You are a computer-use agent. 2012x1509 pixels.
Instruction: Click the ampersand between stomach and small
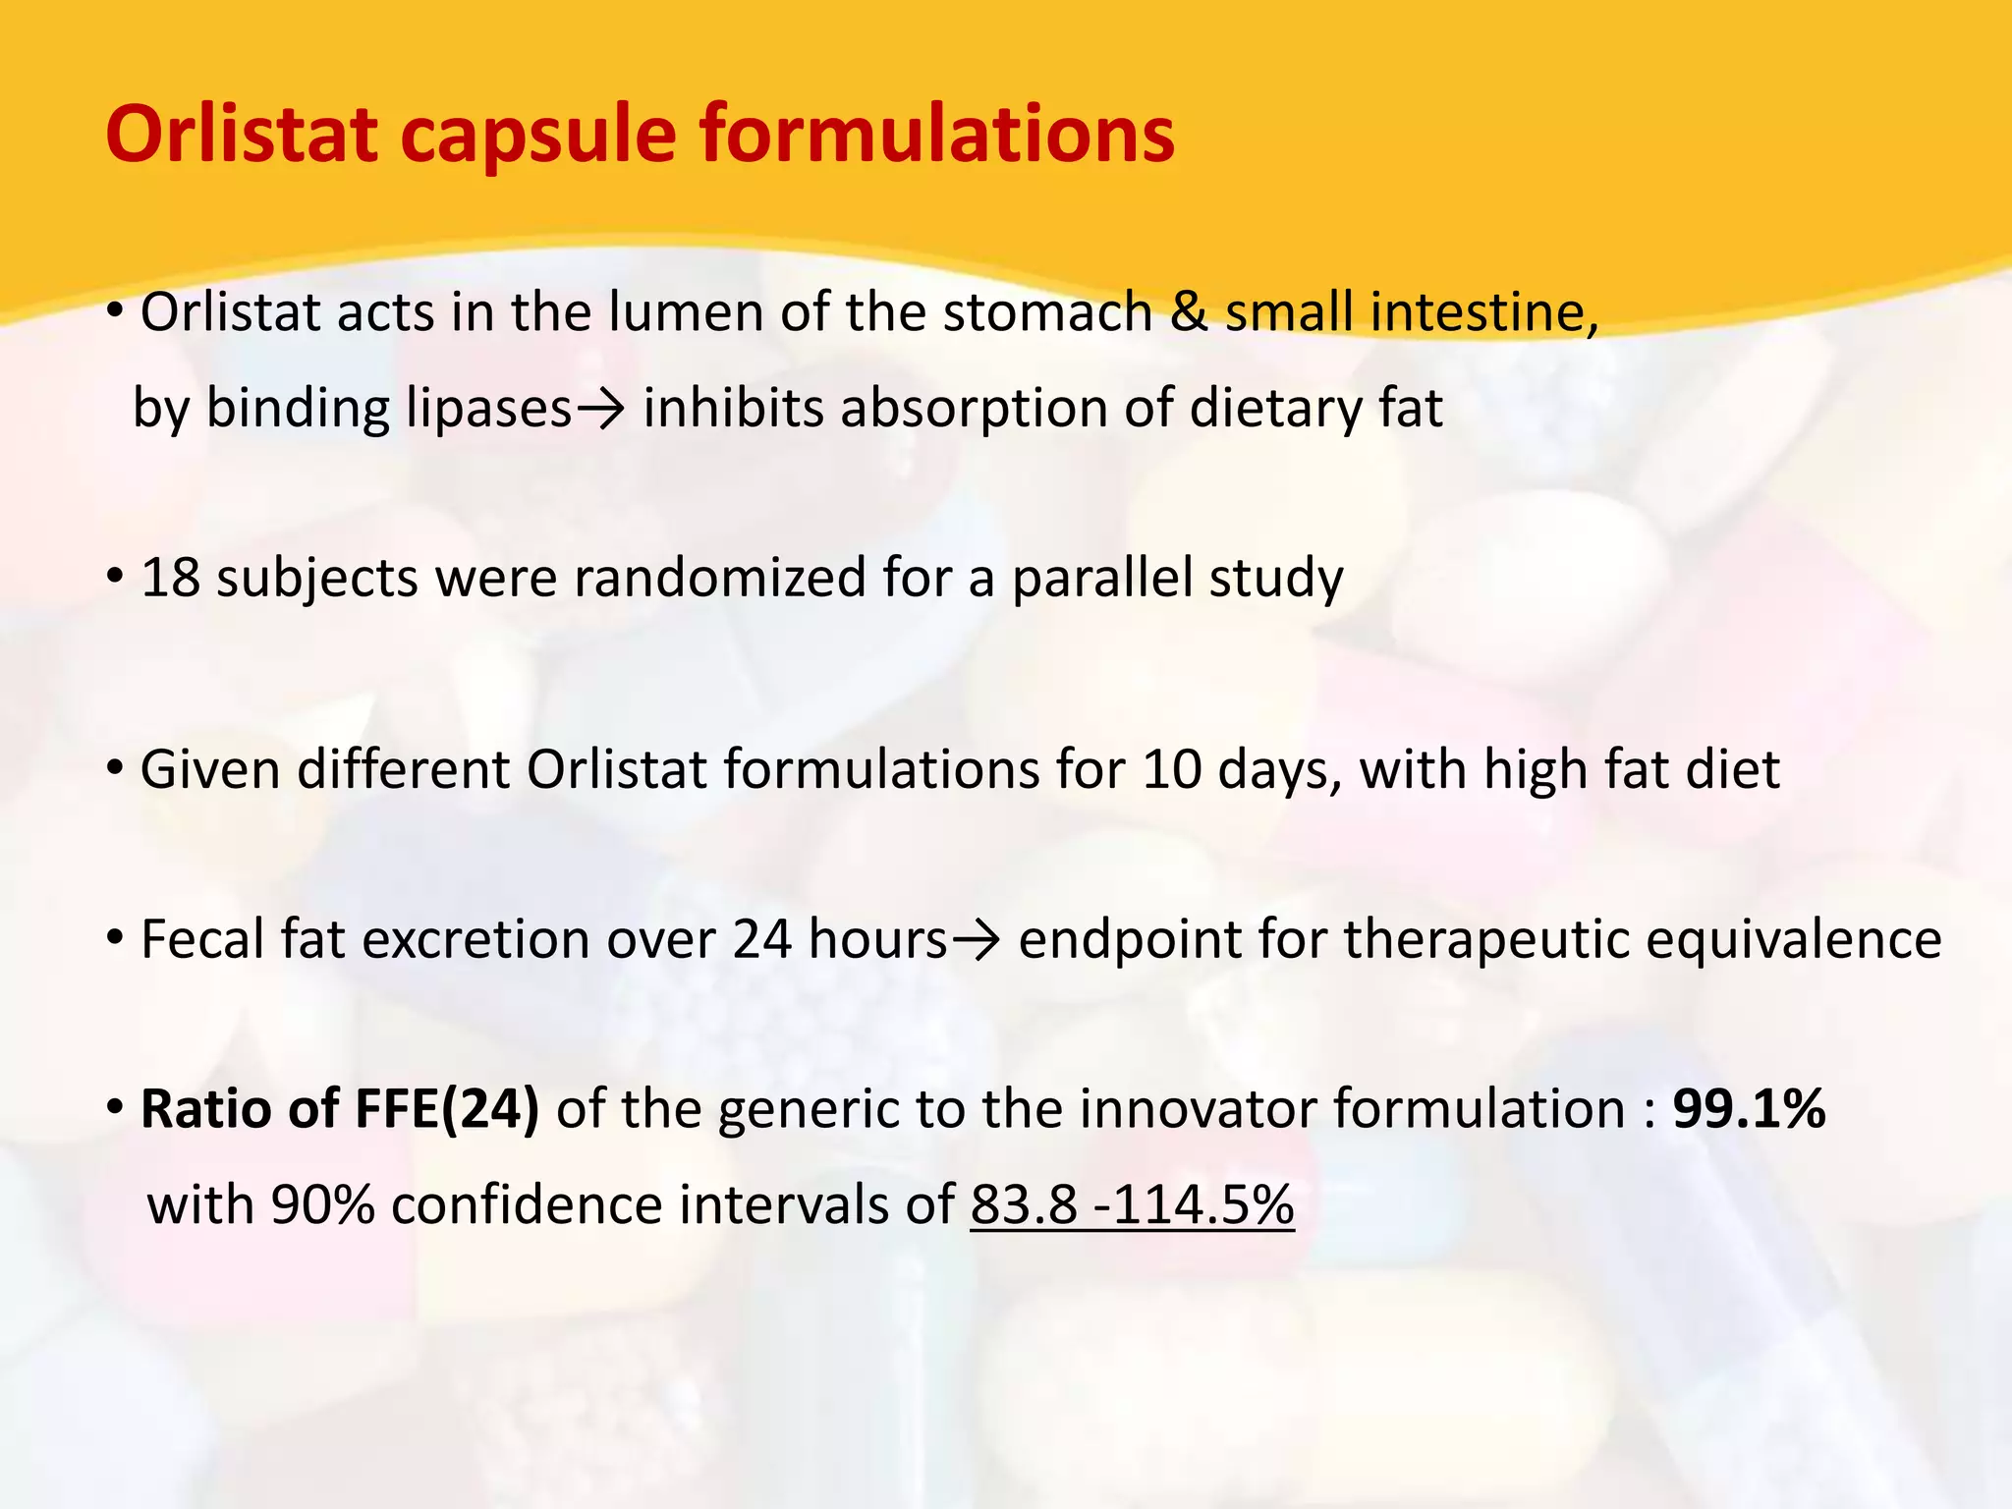click(x=1189, y=312)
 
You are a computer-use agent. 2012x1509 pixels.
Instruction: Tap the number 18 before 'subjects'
click(x=170, y=578)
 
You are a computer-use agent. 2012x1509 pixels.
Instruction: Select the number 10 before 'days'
click(x=1171, y=769)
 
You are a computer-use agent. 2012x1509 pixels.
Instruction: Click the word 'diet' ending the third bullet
click(x=1732, y=769)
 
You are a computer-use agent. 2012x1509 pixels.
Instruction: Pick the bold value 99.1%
click(x=1749, y=1109)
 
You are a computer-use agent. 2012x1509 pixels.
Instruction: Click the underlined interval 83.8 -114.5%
click(x=1132, y=1204)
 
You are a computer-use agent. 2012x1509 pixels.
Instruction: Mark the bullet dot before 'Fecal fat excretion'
click(x=115, y=940)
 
